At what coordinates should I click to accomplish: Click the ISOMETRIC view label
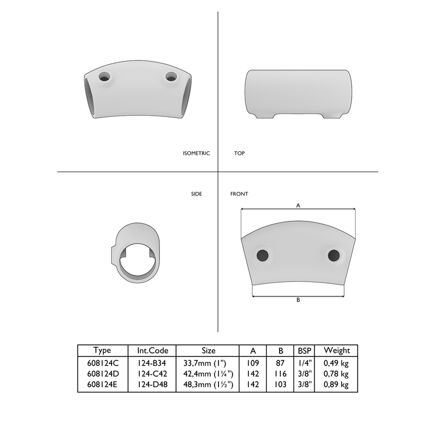196,153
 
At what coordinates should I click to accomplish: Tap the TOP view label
239,153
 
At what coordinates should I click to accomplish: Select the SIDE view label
196,194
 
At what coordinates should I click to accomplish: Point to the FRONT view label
239,194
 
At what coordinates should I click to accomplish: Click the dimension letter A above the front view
298,205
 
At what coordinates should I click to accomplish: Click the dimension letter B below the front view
298,300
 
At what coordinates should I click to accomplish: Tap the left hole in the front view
263,255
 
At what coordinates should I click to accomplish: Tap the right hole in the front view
333,255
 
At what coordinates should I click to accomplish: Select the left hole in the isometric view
105,76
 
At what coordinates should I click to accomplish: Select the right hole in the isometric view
171,76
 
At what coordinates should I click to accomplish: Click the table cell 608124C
102,363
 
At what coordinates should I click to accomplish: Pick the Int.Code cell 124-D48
152,385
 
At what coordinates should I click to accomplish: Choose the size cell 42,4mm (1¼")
208,374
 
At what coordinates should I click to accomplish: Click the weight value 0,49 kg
337,363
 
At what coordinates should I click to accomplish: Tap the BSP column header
305,351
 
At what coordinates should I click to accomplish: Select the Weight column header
337,351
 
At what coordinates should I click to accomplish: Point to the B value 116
281,374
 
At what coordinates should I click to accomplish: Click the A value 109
253,363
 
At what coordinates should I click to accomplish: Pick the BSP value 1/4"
305,363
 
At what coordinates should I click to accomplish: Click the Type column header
102,351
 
